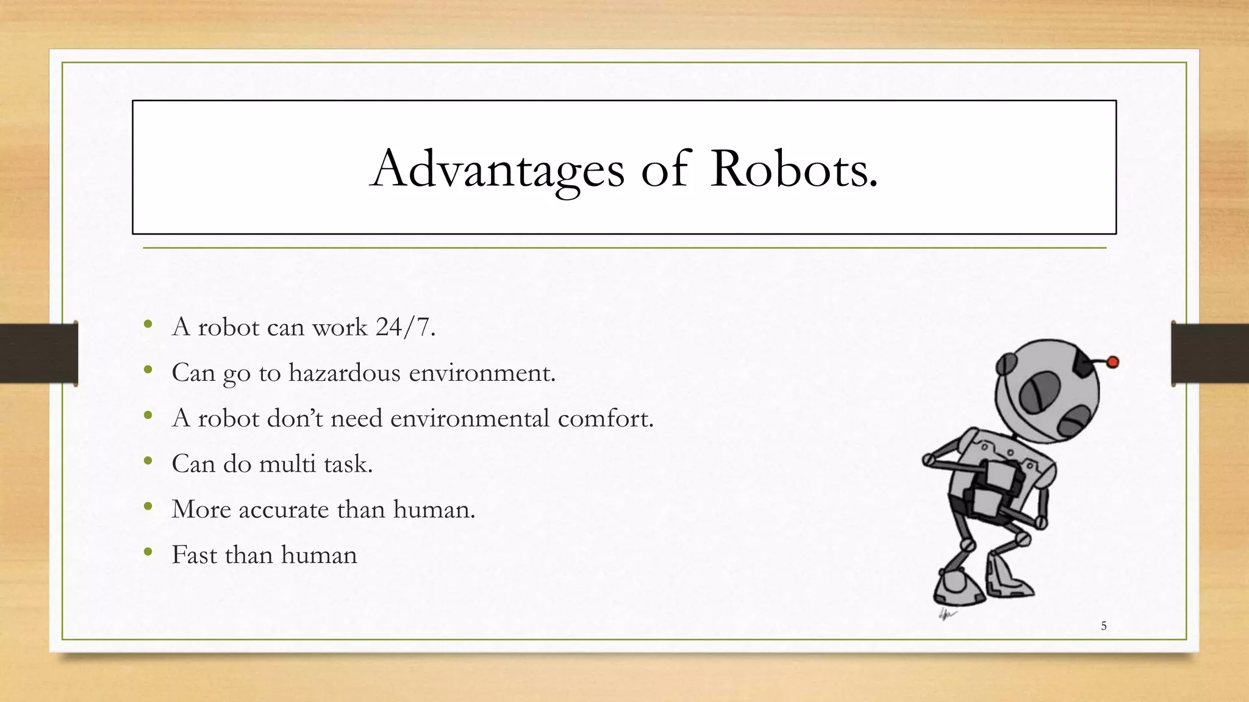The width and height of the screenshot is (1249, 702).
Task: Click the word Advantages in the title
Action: (x=497, y=169)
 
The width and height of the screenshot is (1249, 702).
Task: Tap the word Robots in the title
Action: (x=793, y=169)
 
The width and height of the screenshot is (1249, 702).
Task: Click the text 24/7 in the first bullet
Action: (x=405, y=327)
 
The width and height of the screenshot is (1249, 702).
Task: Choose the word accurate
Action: (x=284, y=510)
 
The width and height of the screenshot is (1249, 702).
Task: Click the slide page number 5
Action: (x=1103, y=626)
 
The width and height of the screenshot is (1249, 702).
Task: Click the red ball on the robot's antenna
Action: (x=1112, y=362)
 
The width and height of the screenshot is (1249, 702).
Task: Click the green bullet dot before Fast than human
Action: (x=148, y=553)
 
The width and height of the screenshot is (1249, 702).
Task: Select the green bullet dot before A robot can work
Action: (x=148, y=325)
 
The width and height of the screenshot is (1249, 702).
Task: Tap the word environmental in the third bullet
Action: (x=470, y=419)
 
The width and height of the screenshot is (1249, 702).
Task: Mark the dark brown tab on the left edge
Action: (x=38, y=353)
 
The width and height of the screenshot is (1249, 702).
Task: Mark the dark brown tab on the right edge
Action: (x=1210, y=353)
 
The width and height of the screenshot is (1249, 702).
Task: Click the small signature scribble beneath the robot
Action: (x=947, y=614)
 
